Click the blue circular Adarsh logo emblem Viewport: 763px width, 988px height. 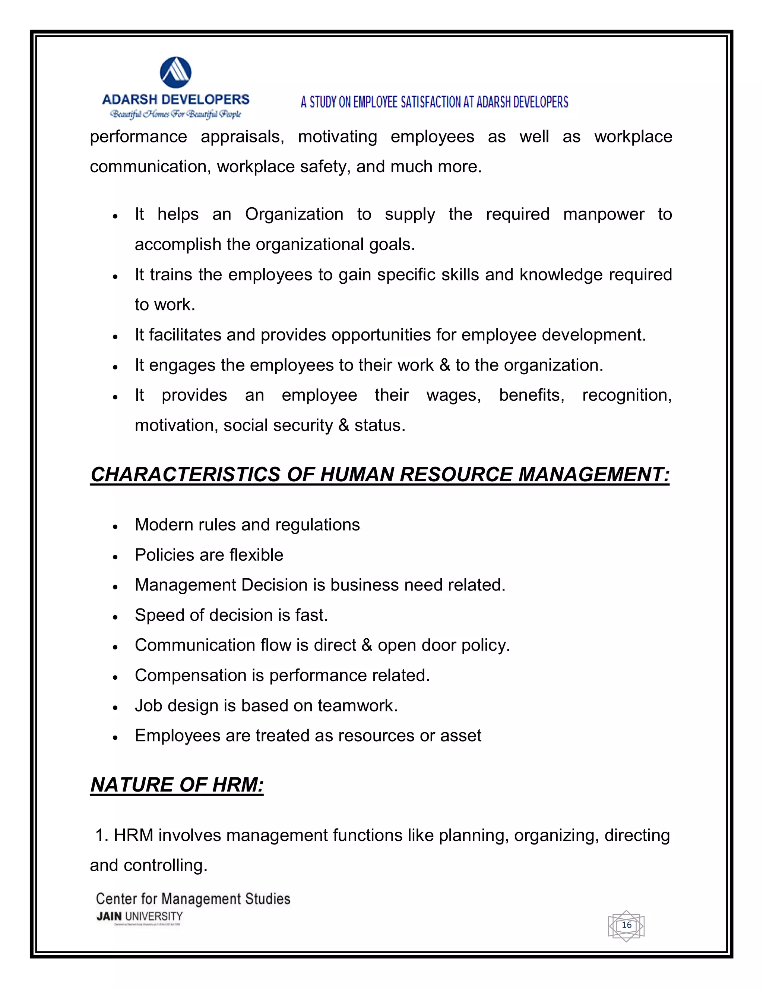[x=175, y=72]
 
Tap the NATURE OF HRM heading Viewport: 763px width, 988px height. [x=177, y=785]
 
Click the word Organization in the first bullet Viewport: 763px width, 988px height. [x=294, y=214]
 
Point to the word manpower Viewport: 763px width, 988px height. [x=604, y=214]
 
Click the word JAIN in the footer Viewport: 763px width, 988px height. [x=109, y=916]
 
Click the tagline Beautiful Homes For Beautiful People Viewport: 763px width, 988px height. [x=175, y=114]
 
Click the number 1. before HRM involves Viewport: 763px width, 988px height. [x=101, y=836]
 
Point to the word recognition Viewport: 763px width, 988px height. [x=627, y=395]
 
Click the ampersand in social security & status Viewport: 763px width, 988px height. [x=343, y=426]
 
